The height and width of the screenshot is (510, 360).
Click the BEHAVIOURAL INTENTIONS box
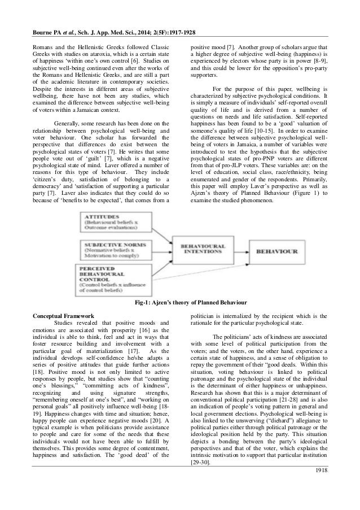point(203,250)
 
